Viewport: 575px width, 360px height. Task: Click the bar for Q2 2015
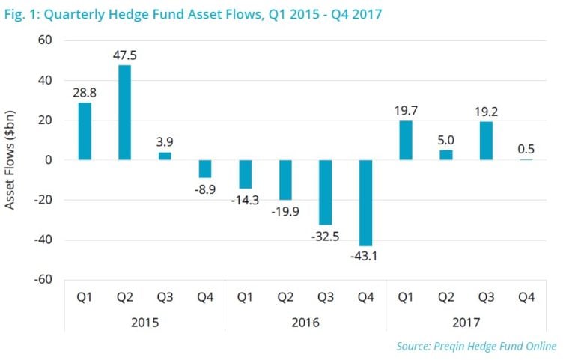[x=124, y=112]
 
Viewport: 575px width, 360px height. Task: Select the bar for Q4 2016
[x=366, y=203]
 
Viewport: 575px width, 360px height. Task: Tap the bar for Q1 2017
[x=406, y=140]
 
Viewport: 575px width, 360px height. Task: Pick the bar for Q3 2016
[x=326, y=192]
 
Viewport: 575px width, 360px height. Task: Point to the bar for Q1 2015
[x=84, y=131]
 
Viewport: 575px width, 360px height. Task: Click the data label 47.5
[x=124, y=55]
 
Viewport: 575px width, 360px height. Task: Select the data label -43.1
[x=366, y=257]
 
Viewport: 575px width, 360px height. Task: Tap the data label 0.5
[x=527, y=148]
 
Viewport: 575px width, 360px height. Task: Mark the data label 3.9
[x=165, y=141]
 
